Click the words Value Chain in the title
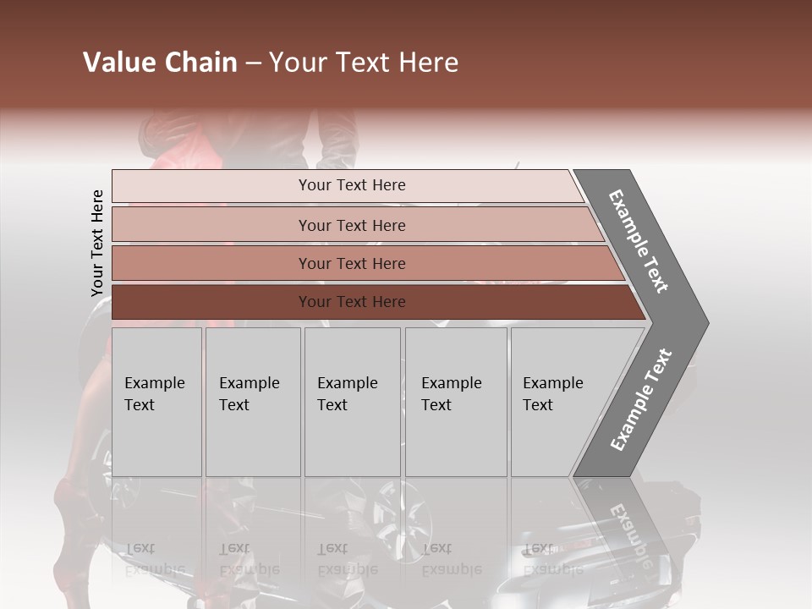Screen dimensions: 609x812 pyautogui.click(x=160, y=63)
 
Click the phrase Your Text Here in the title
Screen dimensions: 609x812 pyautogui.click(x=364, y=63)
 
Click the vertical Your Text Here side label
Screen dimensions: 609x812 pyautogui.click(x=97, y=244)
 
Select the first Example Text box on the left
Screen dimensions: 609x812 pyautogui.click(x=156, y=402)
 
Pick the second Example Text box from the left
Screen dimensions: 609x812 pyautogui.click(x=252, y=402)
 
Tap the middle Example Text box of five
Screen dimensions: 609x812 pyautogui.click(x=352, y=402)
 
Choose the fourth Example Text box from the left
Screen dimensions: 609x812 pyautogui.click(x=455, y=402)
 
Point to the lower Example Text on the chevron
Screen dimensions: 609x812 pyautogui.click(x=641, y=399)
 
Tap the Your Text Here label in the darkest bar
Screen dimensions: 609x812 pyautogui.click(x=352, y=302)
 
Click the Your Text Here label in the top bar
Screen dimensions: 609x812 pyautogui.click(x=352, y=185)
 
